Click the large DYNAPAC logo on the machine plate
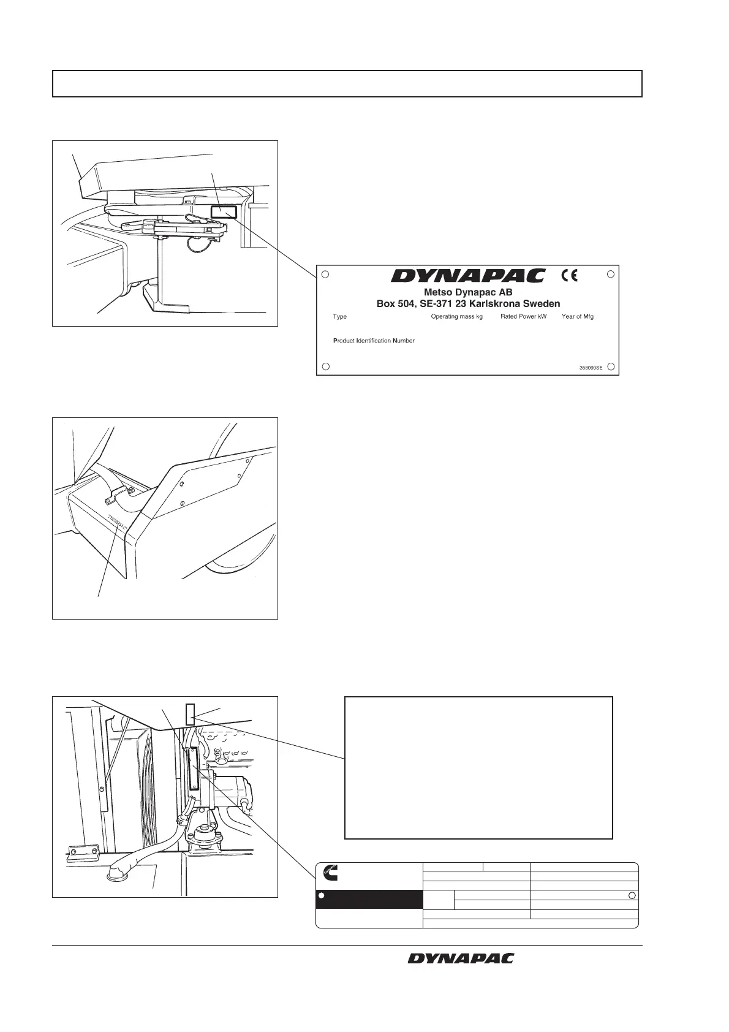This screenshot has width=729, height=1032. [x=467, y=276]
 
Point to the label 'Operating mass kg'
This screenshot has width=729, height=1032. [x=456, y=317]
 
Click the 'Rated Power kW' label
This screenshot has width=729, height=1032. [x=523, y=317]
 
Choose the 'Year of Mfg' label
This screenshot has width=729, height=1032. [x=577, y=317]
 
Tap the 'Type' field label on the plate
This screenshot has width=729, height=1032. [x=339, y=317]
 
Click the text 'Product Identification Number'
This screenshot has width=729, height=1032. [x=374, y=341]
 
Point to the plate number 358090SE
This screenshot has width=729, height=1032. [x=591, y=368]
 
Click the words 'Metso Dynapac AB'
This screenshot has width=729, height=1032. [x=468, y=292]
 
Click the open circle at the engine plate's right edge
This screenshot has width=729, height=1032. [x=632, y=896]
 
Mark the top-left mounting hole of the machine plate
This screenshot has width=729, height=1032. [x=326, y=275]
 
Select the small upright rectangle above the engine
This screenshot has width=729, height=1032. [x=190, y=711]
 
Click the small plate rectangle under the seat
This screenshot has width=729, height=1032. [x=222, y=212]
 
